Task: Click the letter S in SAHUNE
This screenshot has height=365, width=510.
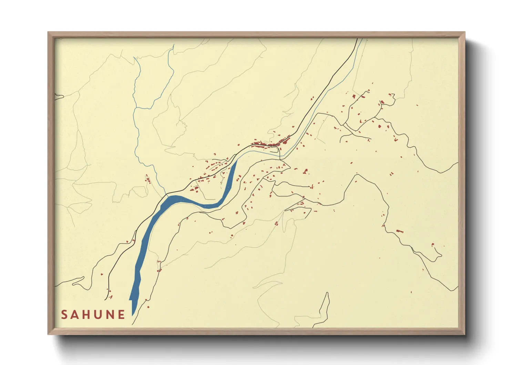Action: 64,315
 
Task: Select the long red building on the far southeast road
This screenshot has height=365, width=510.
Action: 399,231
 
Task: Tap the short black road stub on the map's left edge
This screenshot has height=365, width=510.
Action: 59,97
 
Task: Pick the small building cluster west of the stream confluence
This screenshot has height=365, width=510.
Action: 148,179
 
